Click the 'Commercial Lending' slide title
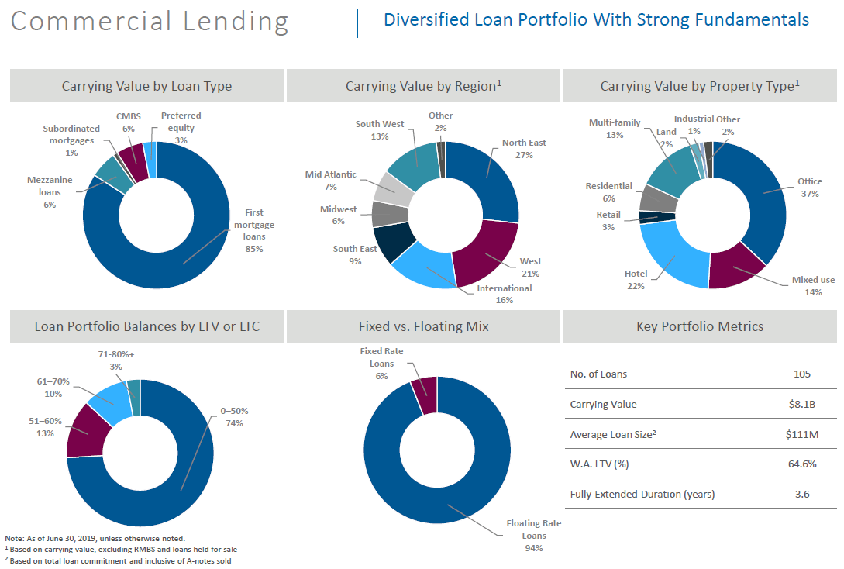pyautogui.click(x=150, y=21)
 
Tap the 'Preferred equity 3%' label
pyautogui.click(x=181, y=128)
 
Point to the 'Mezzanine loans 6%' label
pyautogui.click(x=50, y=192)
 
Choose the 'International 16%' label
pyautogui.click(x=504, y=294)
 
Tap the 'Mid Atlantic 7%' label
pyautogui.click(x=331, y=181)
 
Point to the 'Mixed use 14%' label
pyautogui.click(x=813, y=286)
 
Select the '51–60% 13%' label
pyautogui.click(x=45, y=427)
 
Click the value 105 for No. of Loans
pyautogui.click(x=802, y=374)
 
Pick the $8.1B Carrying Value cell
pyautogui.click(x=802, y=404)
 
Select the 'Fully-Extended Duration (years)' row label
pyautogui.click(x=642, y=494)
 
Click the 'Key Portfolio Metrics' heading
pyautogui.click(x=700, y=326)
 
